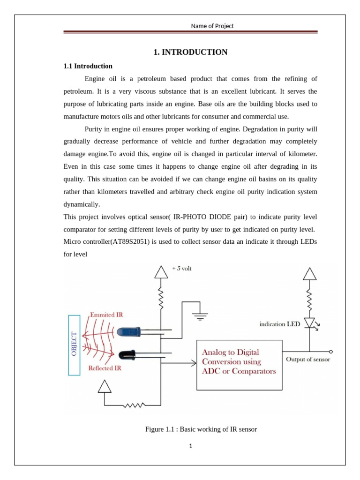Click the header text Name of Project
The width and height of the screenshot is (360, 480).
click(x=212, y=26)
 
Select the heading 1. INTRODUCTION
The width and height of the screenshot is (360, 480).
click(x=190, y=52)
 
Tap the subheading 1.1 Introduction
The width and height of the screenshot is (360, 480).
click(x=88, y=66)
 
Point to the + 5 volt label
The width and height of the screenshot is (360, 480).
click(x=181, y=269)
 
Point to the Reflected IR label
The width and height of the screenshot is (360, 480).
click(x=105, y=368)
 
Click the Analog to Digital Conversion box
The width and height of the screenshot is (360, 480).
click(x=239, y=364)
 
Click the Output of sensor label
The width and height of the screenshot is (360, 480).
click(x=308, y=360)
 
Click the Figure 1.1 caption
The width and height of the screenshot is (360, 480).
click(x=201, y=429)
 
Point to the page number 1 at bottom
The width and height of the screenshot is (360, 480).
click(x=191, y=446)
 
